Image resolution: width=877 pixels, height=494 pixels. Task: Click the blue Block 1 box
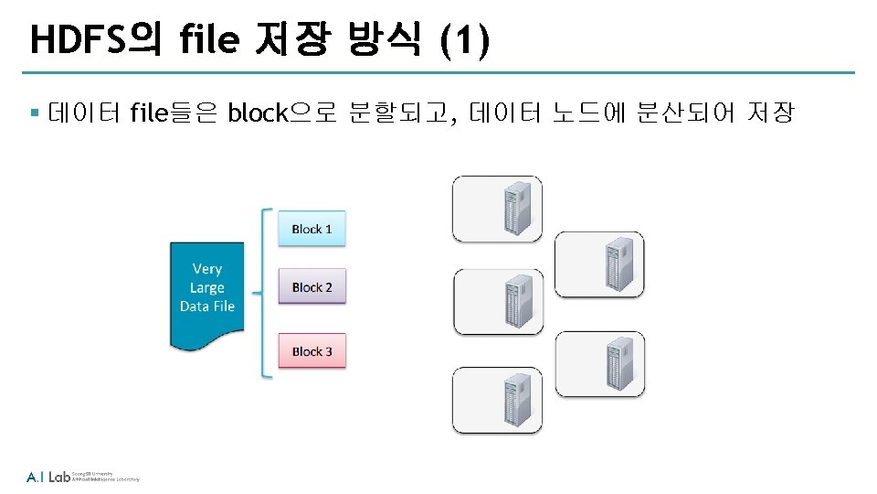pos(312,229)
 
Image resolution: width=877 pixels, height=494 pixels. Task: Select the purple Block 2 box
pos(312,287)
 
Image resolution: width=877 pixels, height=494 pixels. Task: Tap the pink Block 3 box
pos(312,351)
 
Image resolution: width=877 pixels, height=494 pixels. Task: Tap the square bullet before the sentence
pos(33,114)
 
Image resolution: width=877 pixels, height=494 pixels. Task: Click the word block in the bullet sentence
pos(257,113)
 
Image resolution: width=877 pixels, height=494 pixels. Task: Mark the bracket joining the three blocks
pos(265,293)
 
